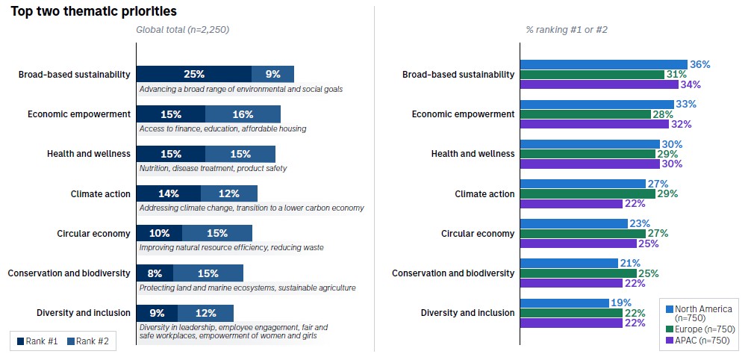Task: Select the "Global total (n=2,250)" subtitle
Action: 182,29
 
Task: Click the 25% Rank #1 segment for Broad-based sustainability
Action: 194,74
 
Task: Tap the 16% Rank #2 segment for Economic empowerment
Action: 243,114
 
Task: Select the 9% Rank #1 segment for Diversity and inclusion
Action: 157,313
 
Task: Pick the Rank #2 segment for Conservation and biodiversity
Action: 208,273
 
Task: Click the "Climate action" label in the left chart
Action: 100,193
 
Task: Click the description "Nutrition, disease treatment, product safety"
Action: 213,168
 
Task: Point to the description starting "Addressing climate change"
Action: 252,208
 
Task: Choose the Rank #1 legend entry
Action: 37,341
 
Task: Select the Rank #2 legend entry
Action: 88,341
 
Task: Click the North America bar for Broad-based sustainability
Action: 603,64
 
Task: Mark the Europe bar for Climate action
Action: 588,193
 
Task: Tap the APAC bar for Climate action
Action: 571,204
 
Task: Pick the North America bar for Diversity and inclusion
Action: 564,303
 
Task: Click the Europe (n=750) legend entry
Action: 699,329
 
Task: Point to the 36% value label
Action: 699,64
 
